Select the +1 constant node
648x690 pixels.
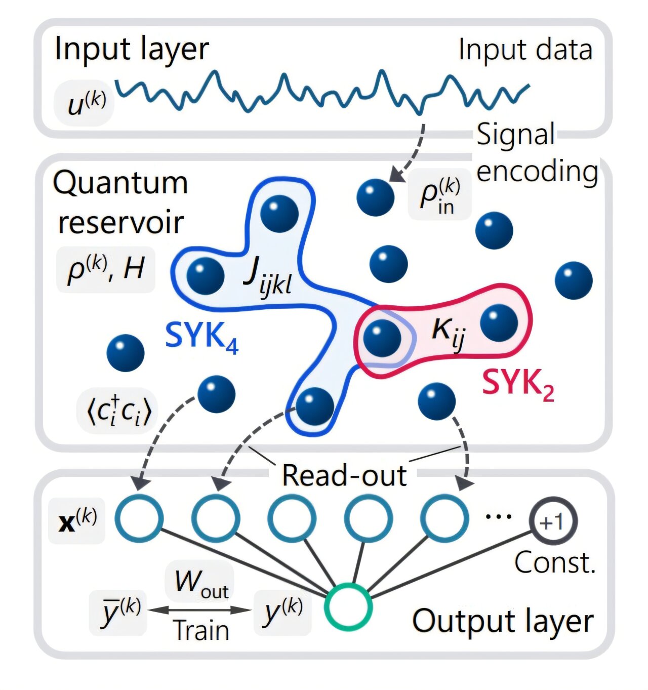pyautogui.click(x=553, y=521)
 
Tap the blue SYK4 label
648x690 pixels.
pyautogui.click(x=201, y=336)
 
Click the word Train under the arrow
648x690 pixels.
pyautogui.click(x=201, y=631)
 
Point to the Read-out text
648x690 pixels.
pyautogui.click(x=344, y=476)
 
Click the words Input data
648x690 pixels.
pyautogui.click(x=525, y=50)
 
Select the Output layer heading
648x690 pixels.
pyautogui.click(x=502, y=621)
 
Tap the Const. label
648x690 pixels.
pyautogui.click(x=554, y=563)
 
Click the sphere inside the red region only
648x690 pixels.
pyautogui.click(x=499, y=322)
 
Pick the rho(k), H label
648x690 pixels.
pyautogui.click(x=105, y=269)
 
